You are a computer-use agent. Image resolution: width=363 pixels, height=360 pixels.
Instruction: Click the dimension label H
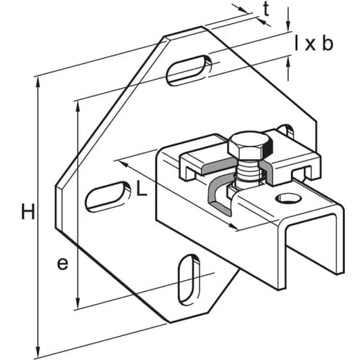[28, 212]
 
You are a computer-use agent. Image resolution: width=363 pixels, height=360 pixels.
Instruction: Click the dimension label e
[62, 263]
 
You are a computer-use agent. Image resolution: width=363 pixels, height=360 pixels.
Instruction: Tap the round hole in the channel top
[286, 198]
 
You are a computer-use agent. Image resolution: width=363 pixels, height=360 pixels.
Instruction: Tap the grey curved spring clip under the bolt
[218, 195]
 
